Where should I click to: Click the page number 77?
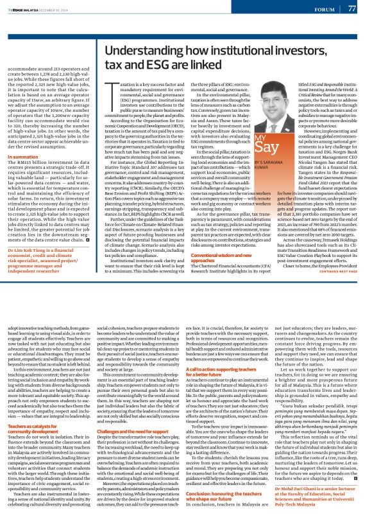[x=352, y=8]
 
